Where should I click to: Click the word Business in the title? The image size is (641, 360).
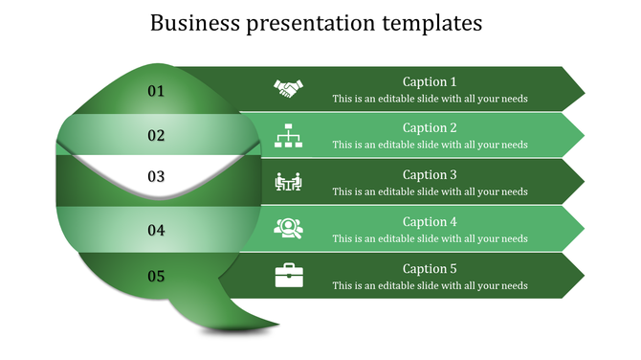[x=192, y=22]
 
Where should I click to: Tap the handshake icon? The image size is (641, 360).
[x=288, y=88]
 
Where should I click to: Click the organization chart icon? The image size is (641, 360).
[x=288, y=135]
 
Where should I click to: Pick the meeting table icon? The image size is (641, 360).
[x=288, y=181]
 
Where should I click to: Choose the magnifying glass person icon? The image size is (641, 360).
[x=288, y=228]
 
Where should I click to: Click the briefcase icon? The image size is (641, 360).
[x=288, y=276]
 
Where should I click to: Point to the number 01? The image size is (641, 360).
[x=156, y=91]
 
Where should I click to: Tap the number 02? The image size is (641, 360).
[x=156, y=136]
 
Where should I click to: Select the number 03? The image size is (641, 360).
[x=156, y=176]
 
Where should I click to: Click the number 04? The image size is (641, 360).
[x=156, y=230]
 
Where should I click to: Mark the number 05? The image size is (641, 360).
[x=156, y=277]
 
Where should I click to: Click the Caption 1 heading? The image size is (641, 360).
[x=430, y=81]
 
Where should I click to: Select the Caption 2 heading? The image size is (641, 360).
[x=430, y=127]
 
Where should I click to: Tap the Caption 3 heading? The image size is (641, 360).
[x=430, y=174]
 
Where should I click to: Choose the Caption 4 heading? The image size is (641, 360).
[x=430, y=221]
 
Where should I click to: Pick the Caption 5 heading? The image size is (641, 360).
[x=430, y=268]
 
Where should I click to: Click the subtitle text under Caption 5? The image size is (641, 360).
[x=430, y=285]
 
